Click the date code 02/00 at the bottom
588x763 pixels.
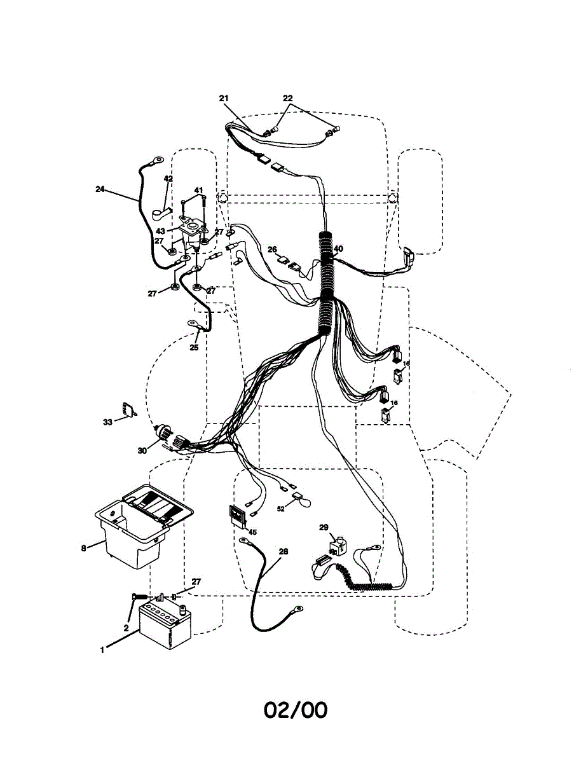296,710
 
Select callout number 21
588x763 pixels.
223,98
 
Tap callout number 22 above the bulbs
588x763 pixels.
288,98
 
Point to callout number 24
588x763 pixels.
100,189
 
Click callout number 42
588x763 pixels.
168,179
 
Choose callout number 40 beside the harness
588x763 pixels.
338,249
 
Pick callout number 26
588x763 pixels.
272,249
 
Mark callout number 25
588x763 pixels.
194,347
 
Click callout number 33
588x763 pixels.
107,422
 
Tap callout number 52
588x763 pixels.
280,509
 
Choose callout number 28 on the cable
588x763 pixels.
284,552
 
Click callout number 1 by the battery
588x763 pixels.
102,650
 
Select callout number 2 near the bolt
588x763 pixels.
126,628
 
